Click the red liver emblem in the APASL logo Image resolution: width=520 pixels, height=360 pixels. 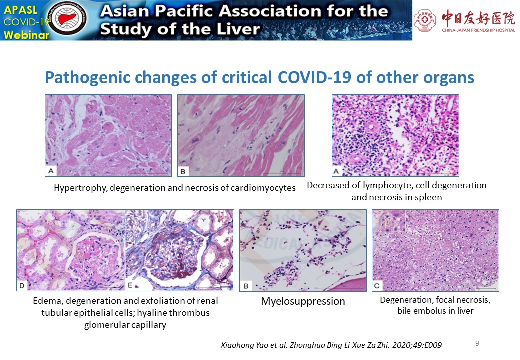point(68,18)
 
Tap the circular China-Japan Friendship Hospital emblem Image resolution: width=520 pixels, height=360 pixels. point(425,20)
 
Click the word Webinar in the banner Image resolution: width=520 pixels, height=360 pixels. point(26,35)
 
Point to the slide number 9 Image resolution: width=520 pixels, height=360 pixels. point(477,343)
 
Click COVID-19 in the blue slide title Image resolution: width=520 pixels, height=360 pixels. point(315,78)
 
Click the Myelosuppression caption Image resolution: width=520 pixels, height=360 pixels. point(303,301)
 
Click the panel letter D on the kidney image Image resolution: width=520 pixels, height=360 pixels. point(22,285)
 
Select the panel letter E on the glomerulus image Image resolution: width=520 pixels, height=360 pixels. point(130,285)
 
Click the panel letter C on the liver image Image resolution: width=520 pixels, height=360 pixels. point(377,285)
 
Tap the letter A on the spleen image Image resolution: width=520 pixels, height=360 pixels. point(336,171)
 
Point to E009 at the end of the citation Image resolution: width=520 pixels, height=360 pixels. point(432,345)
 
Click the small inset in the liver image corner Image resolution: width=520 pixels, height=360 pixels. point(389,221)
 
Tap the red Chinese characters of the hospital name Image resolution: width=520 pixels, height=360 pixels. point(479,18)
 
